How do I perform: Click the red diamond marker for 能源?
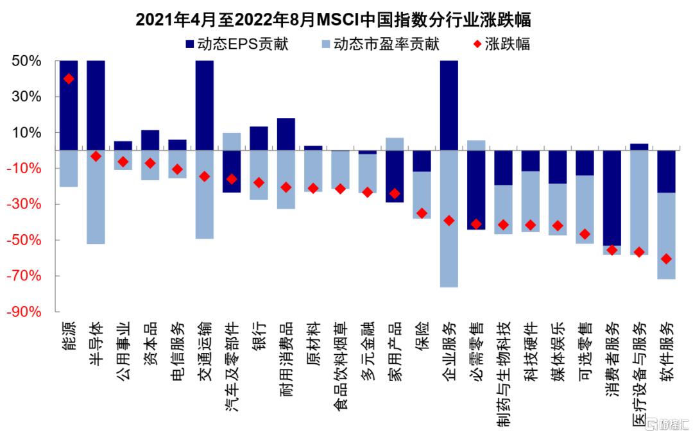69,79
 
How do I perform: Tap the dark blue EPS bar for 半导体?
96,105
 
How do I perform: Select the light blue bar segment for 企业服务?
449,219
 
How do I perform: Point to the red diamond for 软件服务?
666,259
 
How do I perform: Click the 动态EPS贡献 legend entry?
237,44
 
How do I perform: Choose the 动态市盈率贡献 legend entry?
381,44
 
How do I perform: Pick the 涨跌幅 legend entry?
502,44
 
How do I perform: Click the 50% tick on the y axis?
26,61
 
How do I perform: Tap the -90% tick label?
24,312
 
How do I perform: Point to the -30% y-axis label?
24,204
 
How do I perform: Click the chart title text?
333,19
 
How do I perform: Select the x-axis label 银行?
259,336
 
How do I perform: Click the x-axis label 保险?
422,336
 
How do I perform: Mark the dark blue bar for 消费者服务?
612,198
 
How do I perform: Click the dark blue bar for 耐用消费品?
286,134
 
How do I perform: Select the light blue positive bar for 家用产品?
395,144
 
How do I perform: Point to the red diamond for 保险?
422,213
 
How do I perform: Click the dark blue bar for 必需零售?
476,190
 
